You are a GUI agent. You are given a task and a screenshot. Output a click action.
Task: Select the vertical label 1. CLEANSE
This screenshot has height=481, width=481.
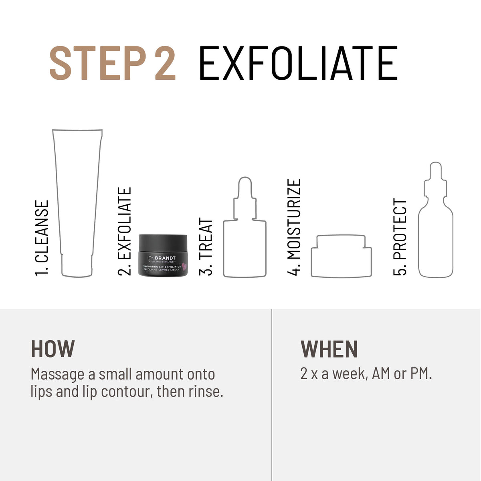(x=42, y=238)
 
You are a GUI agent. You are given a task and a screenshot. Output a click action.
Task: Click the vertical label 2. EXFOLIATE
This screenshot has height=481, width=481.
(x=125, y=231)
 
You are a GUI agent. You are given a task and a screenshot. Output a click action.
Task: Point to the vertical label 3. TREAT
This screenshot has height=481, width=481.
(x=206, y=247)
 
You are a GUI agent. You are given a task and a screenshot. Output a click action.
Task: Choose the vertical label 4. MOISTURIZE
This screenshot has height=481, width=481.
(x=294, y=227)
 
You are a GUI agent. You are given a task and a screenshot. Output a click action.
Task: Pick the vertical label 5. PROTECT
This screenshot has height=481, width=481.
(x=400, y=237)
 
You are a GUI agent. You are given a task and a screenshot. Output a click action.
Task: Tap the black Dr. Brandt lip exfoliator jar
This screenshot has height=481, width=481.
(x=163, y=255)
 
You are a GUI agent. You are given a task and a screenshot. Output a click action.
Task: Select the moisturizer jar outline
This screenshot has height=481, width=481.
(x=341, y=257)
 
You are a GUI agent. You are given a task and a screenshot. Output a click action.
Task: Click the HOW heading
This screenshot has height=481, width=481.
(x=53, y=349)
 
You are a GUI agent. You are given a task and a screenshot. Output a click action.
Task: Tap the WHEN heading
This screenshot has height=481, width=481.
(x=329, y=349)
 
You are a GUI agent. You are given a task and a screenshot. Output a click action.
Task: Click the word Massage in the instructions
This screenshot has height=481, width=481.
(x=57, y=374)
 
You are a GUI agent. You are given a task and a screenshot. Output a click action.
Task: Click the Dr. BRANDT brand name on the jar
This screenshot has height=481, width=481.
(x=162, y=258)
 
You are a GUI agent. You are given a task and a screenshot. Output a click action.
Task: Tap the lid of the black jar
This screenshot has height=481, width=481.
(x=163, y=242)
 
